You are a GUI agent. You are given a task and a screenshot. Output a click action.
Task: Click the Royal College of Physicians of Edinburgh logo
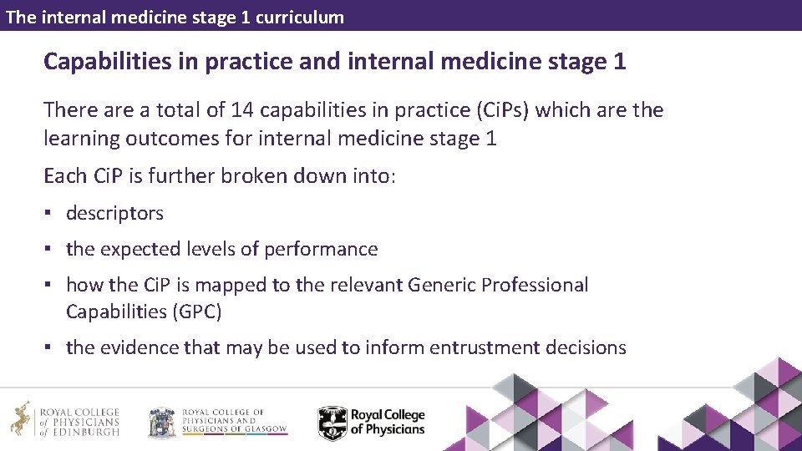[x=65, y=422]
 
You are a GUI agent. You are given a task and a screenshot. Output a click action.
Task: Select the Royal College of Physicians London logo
[x=372, y=422]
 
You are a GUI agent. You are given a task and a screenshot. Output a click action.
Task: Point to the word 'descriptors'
[x=114, y=213]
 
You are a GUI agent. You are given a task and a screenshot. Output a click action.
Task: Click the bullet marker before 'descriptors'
[x=50, y=213]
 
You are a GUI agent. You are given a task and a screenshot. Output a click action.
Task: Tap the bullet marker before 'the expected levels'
[x=50, y=249]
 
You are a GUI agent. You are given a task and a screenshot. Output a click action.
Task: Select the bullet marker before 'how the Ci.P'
[x=50, y=285]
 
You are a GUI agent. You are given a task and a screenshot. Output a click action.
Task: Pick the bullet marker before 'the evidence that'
[x=50, y=347]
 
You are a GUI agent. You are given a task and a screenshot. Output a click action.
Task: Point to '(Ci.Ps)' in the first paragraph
[x=491, y=110]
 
